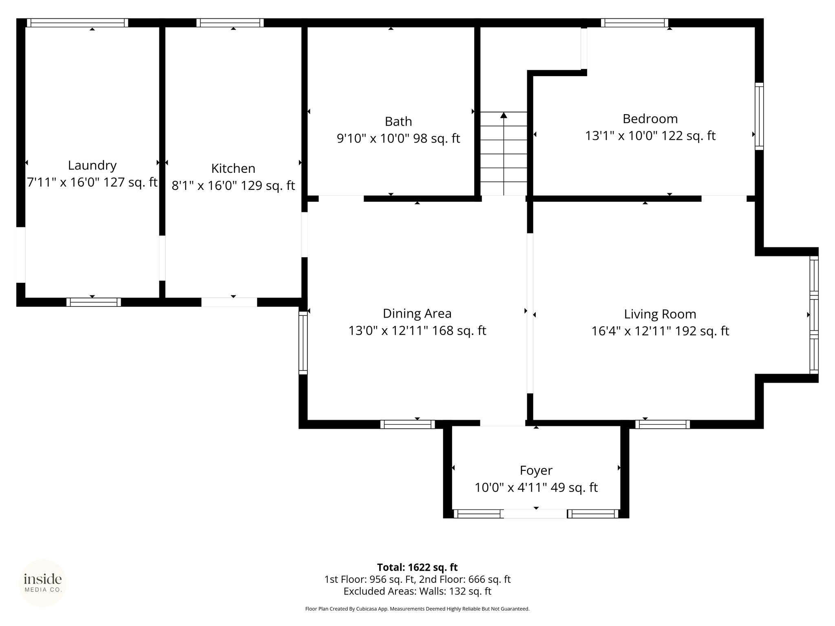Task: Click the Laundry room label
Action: coord(92,165)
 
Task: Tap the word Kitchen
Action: coord(233,168)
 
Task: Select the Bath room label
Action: coord(398,121)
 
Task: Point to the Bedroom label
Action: coord(650,119)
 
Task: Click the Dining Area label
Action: coord(417,313)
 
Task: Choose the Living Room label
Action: coord(660,314)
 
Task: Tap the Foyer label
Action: coord(536,470)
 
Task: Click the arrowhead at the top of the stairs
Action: coord(504,115)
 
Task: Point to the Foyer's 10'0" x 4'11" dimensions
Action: coord(511,487)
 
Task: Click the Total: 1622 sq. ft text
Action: coord(417,567)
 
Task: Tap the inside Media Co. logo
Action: coord(43,583)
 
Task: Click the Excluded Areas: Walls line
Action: coord(417,591)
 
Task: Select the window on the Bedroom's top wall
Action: coord(634,23)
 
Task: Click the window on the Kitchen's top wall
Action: coord(230,23)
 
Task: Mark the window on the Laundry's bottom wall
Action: coord(94,302)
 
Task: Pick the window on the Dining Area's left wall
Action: coord(303,343)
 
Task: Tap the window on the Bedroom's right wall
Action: coord(759,116)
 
